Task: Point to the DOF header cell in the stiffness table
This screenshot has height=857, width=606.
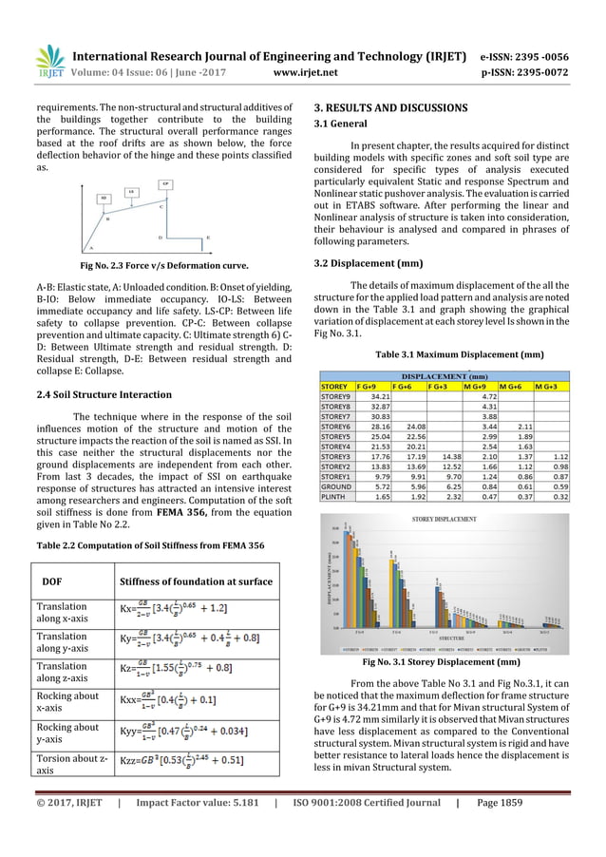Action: point(54,581)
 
